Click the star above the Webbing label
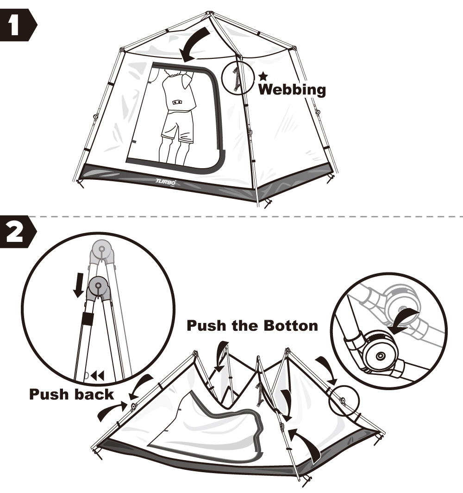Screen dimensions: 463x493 pyautogui.click(x=263, y=75)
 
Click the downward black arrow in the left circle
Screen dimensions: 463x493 pyautogui.click(x=80, y=284)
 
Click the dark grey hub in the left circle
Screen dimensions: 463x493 pyautogui.click(x=98, y=287)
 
